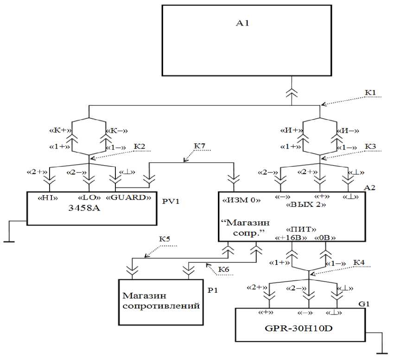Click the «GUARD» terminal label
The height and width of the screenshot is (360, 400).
(x=129, y=197)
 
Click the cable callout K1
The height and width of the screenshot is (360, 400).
(x=370, y=93)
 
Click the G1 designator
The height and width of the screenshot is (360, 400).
(x=364, y=303)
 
